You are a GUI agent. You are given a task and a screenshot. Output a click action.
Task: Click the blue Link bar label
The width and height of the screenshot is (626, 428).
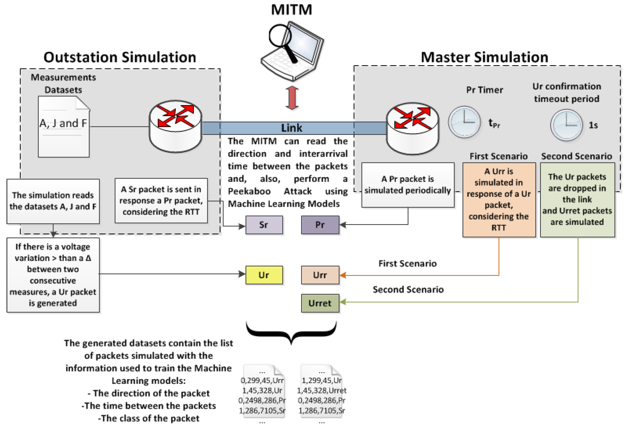292,128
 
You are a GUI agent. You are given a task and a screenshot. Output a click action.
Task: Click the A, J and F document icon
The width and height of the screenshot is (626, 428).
64,127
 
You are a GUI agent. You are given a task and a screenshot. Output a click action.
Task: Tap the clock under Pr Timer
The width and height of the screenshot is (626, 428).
464,122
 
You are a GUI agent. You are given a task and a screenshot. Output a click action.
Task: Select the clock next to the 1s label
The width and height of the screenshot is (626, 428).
567,125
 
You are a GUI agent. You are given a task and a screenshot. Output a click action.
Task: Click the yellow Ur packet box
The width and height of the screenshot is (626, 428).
264,275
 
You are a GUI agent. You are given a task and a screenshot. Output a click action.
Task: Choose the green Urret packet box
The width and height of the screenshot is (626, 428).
320,303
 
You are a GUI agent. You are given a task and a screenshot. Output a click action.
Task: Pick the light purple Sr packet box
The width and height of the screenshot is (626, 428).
264,225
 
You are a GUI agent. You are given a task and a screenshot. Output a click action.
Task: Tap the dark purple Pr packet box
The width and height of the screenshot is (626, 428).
320,225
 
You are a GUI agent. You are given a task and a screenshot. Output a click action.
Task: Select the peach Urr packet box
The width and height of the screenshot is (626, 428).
320,275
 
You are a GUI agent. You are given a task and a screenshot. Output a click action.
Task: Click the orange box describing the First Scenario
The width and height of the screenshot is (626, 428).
499,200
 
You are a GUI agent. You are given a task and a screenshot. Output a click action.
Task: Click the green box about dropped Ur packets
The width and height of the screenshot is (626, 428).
577,200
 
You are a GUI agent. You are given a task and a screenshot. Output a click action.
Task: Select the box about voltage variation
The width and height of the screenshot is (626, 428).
53,275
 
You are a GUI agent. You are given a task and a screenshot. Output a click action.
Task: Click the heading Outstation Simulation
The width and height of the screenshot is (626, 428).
120,57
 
